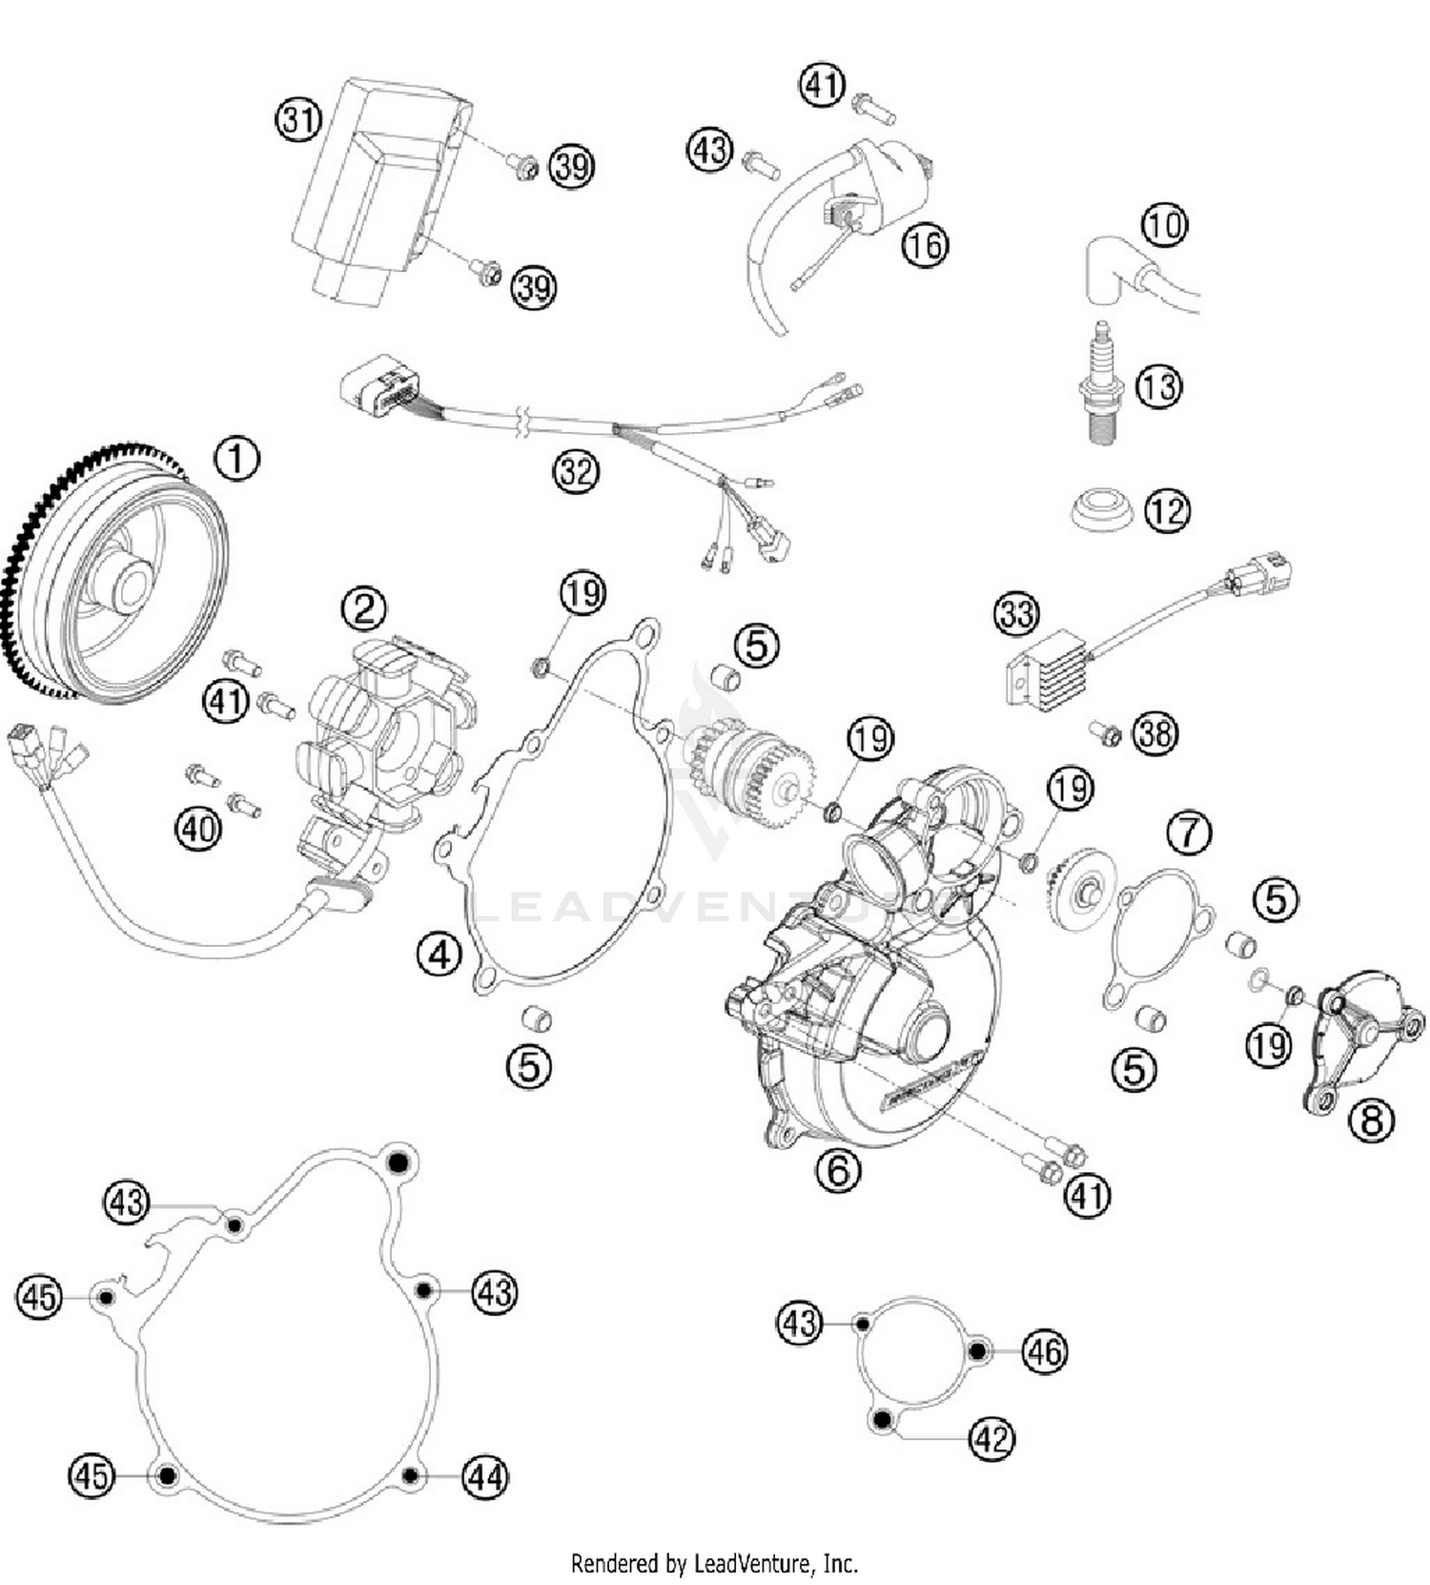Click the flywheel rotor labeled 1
point(119,577)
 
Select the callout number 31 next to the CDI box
point(298,121)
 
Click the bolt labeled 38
point(1107,733)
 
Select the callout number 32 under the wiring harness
point(576,471)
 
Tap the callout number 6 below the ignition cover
point(838,1167)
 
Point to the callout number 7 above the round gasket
point(1189,833)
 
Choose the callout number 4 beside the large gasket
point(439,952)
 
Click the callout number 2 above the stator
point(364,608)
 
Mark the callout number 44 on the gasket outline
point(485,1477)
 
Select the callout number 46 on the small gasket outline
point(1044,1351)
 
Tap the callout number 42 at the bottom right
point(991,1437)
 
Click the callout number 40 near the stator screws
point(198,828)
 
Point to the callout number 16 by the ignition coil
point(925,245)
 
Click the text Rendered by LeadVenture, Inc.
point(714,1563)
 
